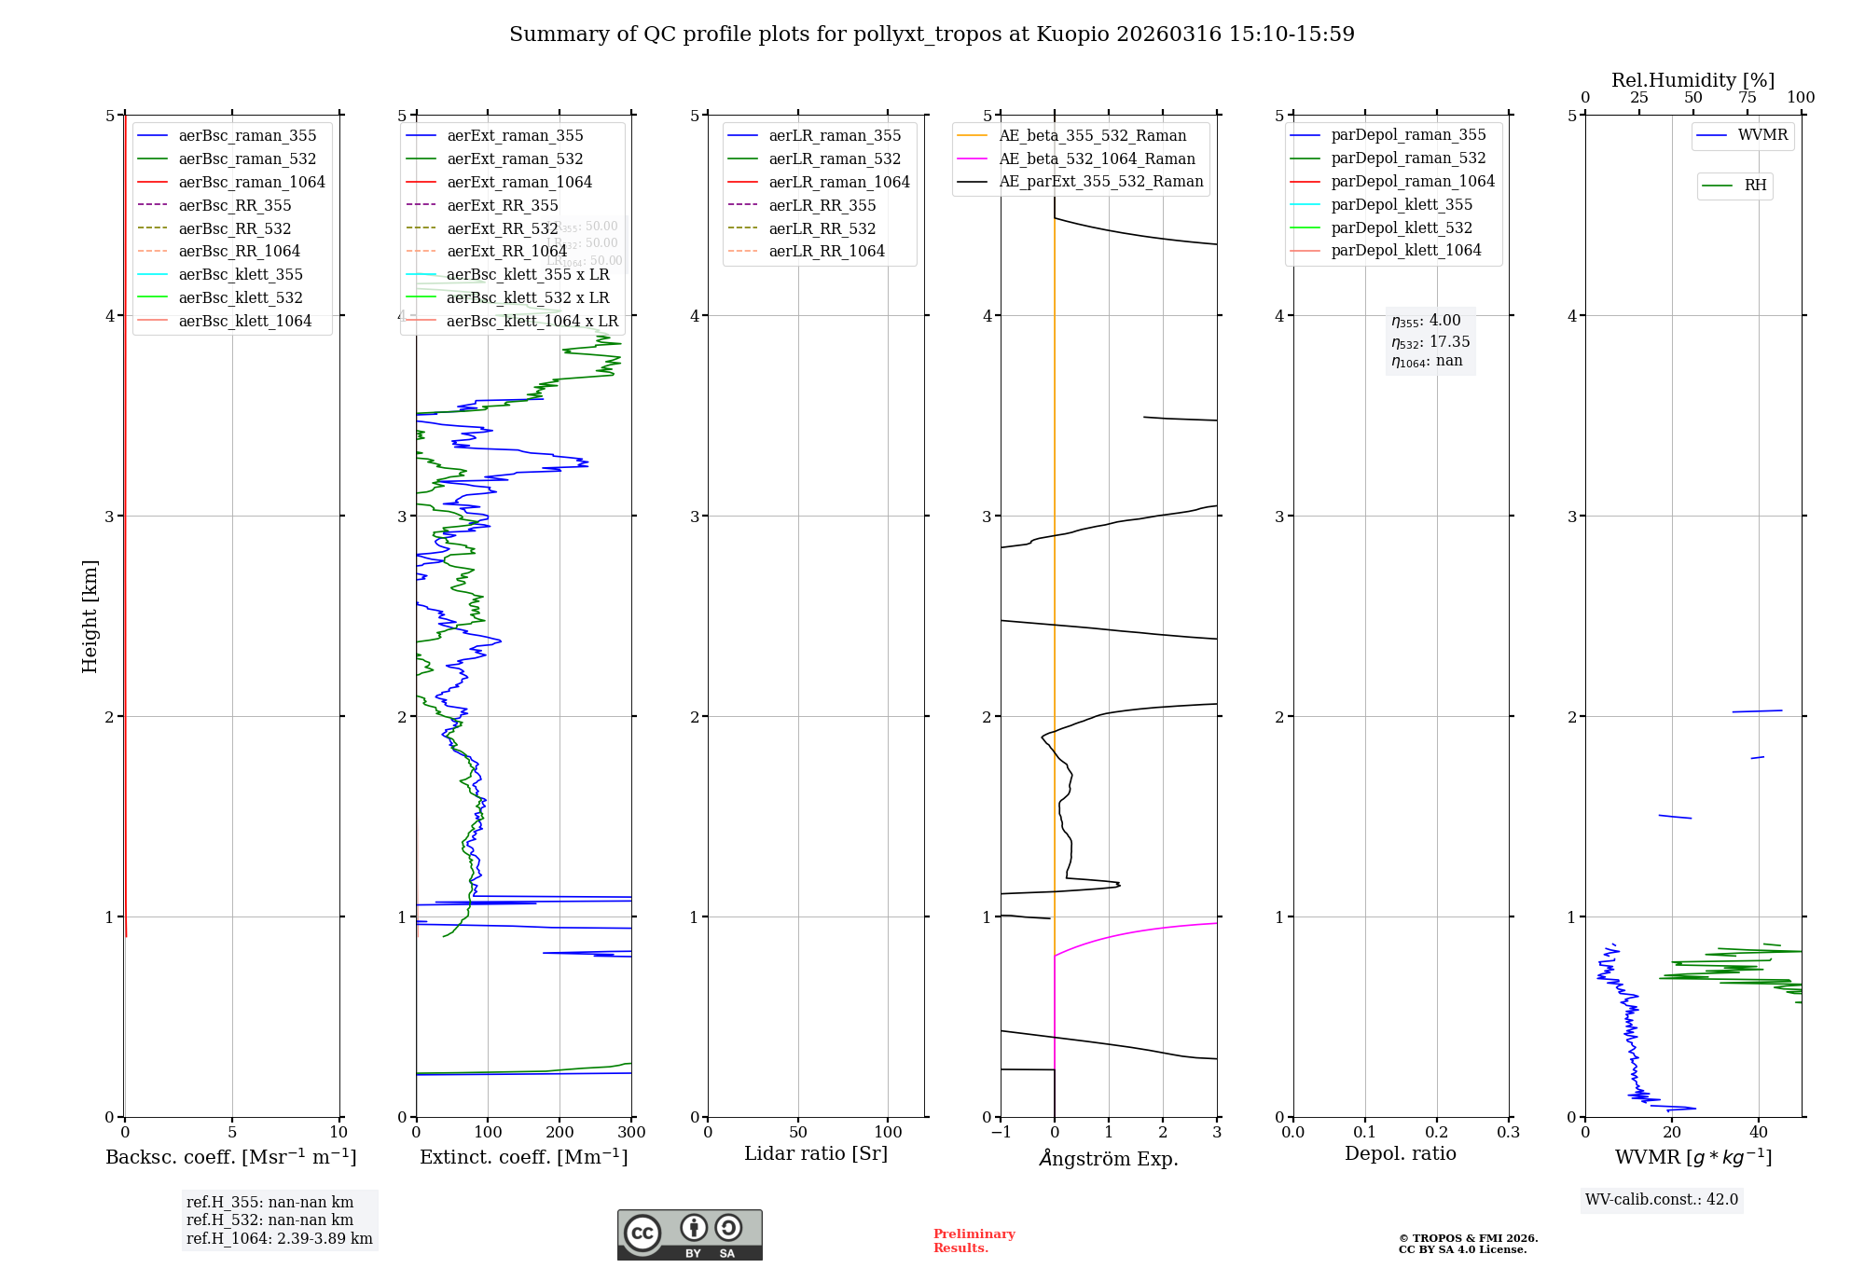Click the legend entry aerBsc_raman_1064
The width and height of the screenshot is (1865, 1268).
coord(252,182)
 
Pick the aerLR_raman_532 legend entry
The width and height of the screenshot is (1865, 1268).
coord(835,158)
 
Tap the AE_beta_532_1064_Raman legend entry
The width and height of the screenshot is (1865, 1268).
coord(1097,158)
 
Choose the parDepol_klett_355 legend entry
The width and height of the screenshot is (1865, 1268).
coord(1402,204)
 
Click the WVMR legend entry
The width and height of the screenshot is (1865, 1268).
coord(1762,135)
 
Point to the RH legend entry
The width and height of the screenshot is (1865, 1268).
coord(1755,186)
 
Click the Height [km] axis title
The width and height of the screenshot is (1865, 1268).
coord(90,616)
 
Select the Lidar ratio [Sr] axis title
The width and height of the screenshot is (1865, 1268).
coord(816,1153)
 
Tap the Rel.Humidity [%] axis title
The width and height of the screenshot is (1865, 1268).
coord(1692,80)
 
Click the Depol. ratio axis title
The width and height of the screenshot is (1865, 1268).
coord(1400,1153)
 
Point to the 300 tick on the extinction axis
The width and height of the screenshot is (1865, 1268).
coord(631,1133)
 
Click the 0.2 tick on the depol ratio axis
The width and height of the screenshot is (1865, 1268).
coord(1437,1133)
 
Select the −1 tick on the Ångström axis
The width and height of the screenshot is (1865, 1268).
coord(1001,1133)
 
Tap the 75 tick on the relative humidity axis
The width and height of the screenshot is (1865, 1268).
coord(1748,98)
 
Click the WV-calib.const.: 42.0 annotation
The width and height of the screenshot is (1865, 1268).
coord(1662,1199)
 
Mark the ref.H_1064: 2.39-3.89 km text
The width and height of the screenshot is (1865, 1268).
coord(279,1238)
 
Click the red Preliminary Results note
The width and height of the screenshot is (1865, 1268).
coord(974,1240)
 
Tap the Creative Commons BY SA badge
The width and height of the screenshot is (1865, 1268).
coord(689,1235)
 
